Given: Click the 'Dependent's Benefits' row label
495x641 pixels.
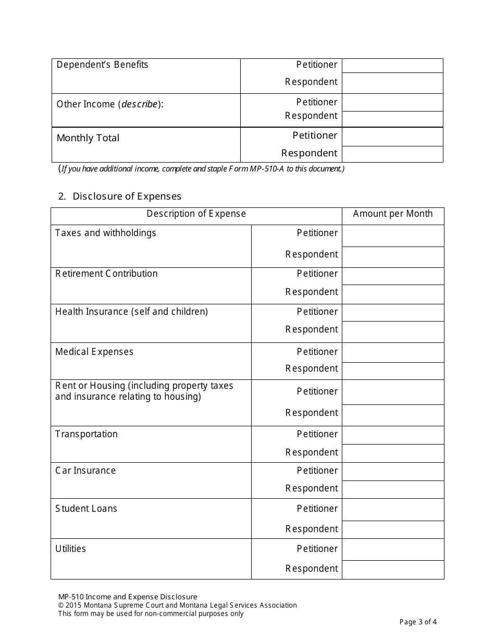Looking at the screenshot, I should click(102, 65).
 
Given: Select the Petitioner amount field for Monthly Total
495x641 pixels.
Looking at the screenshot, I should click(392, 137).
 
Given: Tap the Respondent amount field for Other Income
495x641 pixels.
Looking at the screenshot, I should click(392, 119).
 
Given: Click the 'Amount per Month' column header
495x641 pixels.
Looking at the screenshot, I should click(392, 214).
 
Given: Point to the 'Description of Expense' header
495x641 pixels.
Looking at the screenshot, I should click(196, 214).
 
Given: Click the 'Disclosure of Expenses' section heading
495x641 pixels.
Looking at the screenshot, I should click(127, 196).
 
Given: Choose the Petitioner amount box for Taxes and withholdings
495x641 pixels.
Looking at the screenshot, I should click(392, 236).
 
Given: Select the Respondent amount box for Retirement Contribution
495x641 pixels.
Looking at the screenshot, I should click(392, 294).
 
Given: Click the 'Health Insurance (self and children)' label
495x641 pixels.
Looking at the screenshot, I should click(131, 312).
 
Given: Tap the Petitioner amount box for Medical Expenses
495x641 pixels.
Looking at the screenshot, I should click(392, 352).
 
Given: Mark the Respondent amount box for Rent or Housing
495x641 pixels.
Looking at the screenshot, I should click(392, 415).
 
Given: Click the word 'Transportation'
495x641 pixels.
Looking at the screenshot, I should click(86, 434).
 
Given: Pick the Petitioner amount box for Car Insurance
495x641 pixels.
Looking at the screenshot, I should click(392, 472).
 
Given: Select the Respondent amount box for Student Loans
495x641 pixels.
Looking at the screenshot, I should click(392, 529).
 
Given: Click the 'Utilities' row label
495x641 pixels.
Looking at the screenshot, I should click(70, 549).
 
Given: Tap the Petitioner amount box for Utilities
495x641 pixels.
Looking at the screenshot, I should click(392, 550).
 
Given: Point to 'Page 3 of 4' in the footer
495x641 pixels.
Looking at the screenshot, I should click(418, 622).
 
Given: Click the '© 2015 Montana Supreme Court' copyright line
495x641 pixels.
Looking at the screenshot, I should click(177, 606).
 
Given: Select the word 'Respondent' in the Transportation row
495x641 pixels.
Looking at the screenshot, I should click(311, 452).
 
